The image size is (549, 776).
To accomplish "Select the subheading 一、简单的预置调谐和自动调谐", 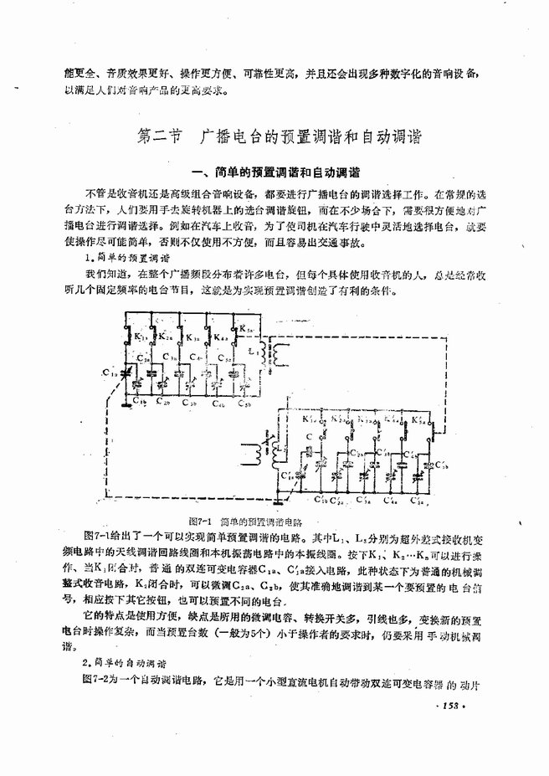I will tap(275, 173).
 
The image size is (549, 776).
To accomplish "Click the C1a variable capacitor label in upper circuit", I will tap(109, 372).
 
